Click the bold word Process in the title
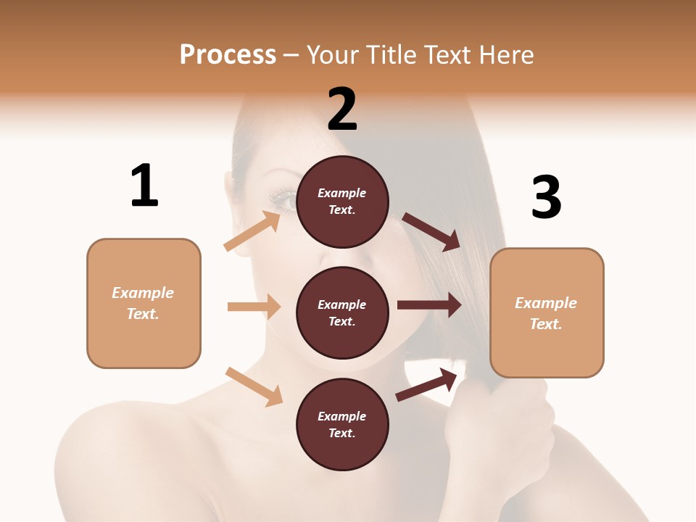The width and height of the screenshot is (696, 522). (228, 54)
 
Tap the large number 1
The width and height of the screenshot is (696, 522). (144, 186)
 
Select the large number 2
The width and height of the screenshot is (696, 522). (342, 109)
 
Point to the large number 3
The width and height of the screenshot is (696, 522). (547, 197)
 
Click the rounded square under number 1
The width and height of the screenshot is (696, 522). (144, 303)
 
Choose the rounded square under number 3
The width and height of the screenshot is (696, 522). (547, 312)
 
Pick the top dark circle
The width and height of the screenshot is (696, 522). (342, 202)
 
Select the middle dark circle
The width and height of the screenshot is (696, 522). (342, 312)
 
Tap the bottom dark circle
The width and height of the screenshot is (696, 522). (342, 424)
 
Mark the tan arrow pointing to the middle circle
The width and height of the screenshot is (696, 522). (254, 307)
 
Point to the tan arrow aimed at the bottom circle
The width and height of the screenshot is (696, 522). (254, 386)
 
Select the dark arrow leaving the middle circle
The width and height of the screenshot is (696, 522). (428, 304)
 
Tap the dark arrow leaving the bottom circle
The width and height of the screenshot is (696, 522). (426, 384)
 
